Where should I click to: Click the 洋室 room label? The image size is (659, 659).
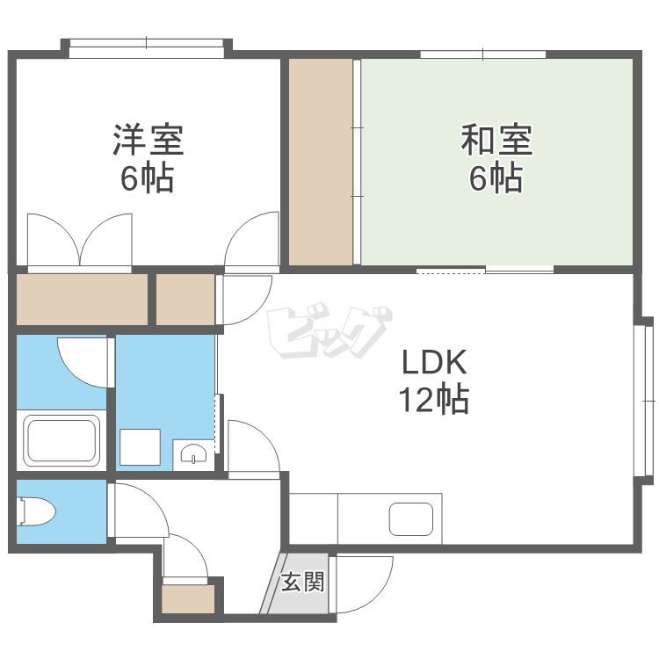(147, 139)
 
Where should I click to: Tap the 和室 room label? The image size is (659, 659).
(496, 139)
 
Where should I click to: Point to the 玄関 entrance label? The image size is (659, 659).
(302, 583)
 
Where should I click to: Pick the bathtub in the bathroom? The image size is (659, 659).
(61, 440)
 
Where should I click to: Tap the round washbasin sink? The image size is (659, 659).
(193, 453)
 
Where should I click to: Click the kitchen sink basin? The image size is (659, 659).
(411, 519)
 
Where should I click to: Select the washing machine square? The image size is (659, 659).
(141, 446)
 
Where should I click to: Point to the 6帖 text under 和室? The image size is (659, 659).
(496, 178)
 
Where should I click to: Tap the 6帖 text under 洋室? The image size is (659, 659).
(147, 178)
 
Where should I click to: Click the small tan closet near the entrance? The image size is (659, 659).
(188, 601)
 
